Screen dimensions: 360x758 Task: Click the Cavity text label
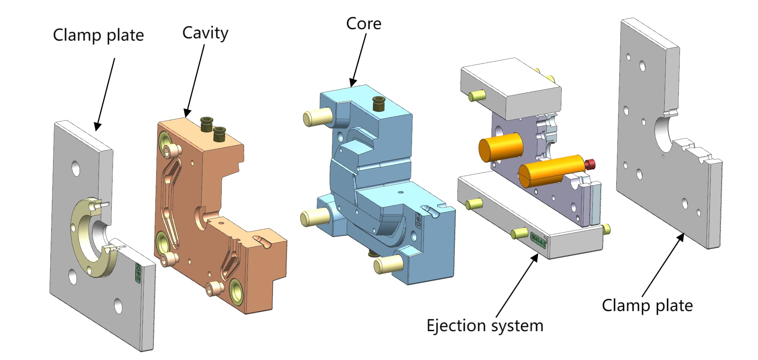point(205,33)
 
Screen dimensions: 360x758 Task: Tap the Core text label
point(363,23)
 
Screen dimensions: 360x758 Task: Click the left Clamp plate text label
point(98,35)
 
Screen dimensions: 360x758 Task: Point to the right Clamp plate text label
point(647,305)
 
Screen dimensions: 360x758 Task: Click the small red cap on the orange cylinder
point(590,164)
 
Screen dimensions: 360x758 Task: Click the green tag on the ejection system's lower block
point(538,240)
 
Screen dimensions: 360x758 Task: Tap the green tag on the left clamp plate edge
point(138,273)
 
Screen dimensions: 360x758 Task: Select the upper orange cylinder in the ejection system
point(501,147)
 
